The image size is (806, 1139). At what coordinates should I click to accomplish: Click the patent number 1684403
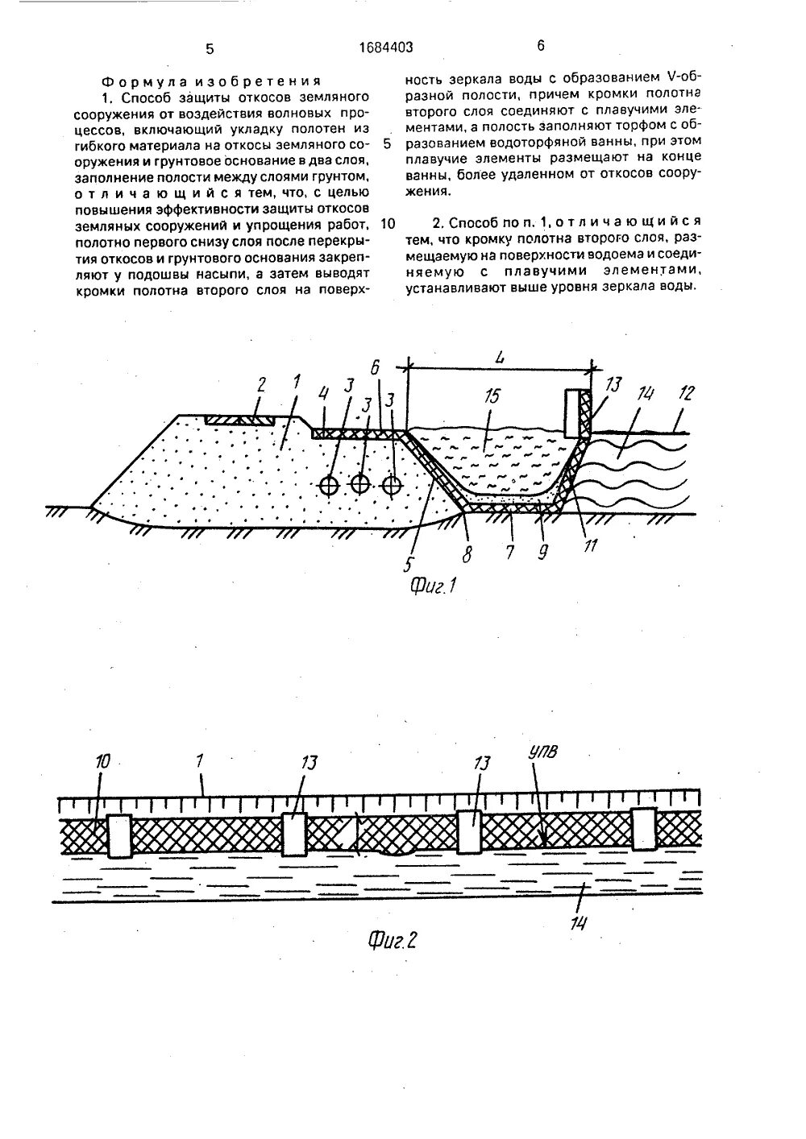point(385,48)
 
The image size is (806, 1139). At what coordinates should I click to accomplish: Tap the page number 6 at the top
point(541,47)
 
